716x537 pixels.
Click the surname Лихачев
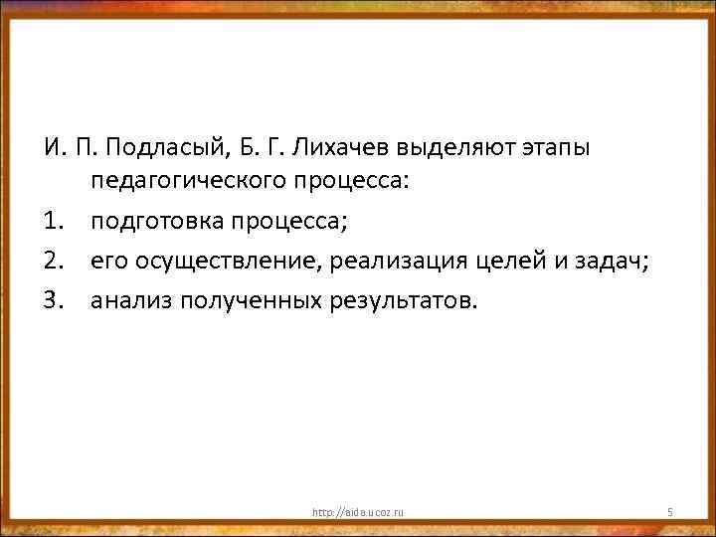pyautogui.click(x=339, y=149)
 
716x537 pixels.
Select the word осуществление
pyautogui.click(x=223, y=261)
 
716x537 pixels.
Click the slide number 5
pyautogui.click(x=670, y=512)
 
